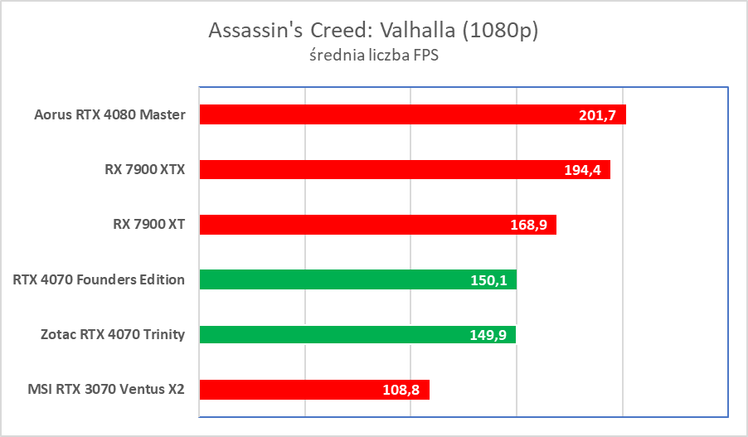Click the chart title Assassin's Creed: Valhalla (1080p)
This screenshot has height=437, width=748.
(x=373, y=31)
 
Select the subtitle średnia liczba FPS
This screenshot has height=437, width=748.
(x=373, y=58)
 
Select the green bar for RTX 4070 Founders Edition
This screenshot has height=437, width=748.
(x=332, y=279)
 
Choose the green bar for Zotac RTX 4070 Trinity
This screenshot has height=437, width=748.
(x=332, y=334)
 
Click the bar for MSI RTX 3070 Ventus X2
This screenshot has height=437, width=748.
(x=290, y=390)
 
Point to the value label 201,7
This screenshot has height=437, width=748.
(x=597, y=115)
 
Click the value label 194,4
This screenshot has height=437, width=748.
(x=581, y=170)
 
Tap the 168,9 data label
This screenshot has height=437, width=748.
(x=528, y=225)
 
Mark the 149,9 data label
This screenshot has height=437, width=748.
(x=488, y=335)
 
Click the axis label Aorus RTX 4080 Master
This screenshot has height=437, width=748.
(x=110, y=114)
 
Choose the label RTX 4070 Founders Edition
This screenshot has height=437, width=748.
(x=99, y=279)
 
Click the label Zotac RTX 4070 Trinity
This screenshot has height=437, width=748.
(x=112, y=334)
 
